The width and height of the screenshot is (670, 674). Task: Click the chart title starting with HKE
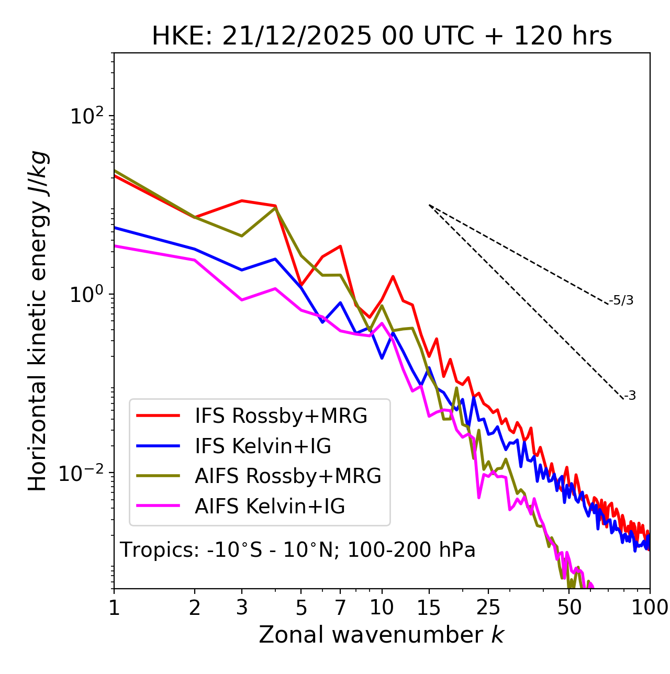[x=382, y=37]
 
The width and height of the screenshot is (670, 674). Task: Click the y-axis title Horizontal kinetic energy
[x=38, y=321]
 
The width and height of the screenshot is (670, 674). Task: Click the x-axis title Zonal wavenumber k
[x=381, y=635]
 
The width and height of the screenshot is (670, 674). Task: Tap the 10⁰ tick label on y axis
[x=86, y=294]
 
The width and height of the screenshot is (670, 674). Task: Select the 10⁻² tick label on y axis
[x=84, y=473]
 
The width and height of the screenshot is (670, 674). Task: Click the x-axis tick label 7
[x=340, y=608]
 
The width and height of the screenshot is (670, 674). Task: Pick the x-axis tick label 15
[x=429, y=608]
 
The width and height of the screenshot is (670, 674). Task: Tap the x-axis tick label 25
[x=488, y=608]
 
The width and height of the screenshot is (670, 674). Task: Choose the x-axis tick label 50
[x=569, y=608]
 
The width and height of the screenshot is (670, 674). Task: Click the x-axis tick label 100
[x=650, y=608]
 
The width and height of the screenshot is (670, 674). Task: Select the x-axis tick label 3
[x=241, y=608]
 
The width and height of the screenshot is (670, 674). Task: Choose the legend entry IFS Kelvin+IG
[x=263, y=446]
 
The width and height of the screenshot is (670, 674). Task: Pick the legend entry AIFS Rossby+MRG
[x=288, y=476]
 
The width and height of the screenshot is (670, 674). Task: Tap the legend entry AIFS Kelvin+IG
[x=270, y=507]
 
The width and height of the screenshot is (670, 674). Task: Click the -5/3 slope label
[x=621, y=300]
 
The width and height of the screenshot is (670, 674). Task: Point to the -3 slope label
[x=630, y=396]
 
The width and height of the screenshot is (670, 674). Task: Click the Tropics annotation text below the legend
[x=297, y=550]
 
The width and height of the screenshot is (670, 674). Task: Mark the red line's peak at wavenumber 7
[x=340, y=246]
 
